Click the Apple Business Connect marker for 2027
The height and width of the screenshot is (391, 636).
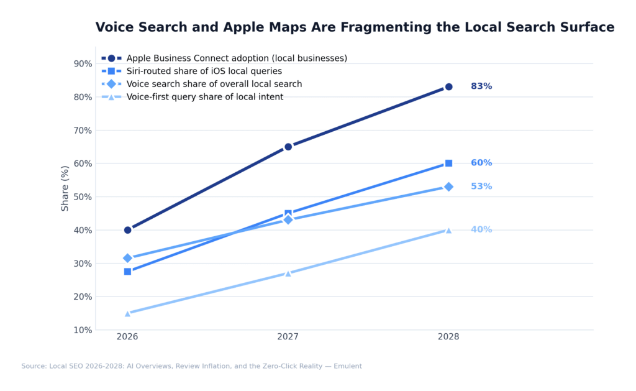(x=288, y=147)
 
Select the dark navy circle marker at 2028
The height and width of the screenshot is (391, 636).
(x=448, y=87)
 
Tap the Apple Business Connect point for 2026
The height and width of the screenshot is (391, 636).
(x=127, y=230)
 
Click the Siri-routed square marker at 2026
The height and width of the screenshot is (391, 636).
(x=127, y=272)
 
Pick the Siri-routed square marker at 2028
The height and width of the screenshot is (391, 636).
(x=448, y=163)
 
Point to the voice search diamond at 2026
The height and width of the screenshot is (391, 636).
(x=127, y=258)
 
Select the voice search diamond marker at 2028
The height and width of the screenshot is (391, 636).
(x=448, y=186)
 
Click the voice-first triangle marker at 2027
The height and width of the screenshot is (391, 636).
(x=288, y=273)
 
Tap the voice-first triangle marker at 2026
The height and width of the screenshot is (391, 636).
(x=127, y=313)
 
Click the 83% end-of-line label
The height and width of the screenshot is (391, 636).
(x=481, y=86)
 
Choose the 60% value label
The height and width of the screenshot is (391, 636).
(x=481, y=163)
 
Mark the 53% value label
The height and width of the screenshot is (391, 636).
(x=481, y=186)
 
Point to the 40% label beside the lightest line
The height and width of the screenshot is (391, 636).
(x=481, y=230)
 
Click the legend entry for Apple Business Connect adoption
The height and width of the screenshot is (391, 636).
(x=236, y=58)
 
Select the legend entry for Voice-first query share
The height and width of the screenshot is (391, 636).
(x=204, y=97)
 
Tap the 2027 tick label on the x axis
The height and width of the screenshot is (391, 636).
(x=288, y=337)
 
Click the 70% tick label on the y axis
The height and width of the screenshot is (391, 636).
(x=82, y=131)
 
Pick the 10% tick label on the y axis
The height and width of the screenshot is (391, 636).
(x=82, y=330)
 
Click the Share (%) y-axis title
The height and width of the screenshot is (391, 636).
(x=65, y=188)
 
